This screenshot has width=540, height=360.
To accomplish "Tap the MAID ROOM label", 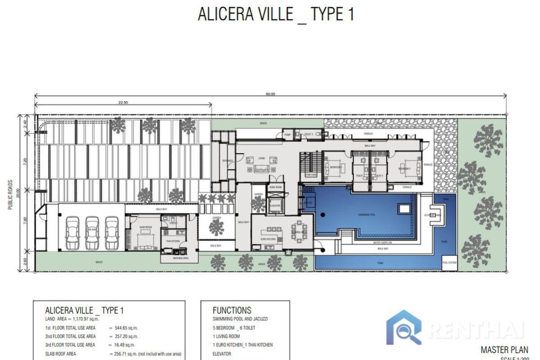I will (x=145, y=228).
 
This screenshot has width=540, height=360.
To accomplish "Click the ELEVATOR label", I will (x=274, y=205).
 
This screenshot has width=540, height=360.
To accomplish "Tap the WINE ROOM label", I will (x=275, y=187).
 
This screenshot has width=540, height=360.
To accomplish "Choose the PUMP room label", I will (x=287, y=134).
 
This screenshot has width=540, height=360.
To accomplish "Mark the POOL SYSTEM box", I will (x=449, y=263).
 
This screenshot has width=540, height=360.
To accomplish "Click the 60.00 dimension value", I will (x=270, y=94).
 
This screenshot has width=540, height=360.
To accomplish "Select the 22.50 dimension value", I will (x=123, y=103).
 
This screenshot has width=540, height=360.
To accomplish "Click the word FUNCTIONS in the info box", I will (x=232, y=310).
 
